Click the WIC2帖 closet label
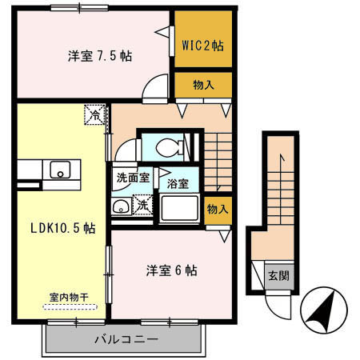click(x=203, y=46)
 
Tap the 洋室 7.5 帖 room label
click(x=100, y=56)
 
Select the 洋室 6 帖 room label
click(x=172, y=270)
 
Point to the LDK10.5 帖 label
click(x=63, y=228)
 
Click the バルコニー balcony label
click(x=126, y=339)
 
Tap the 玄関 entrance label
click(x=278, y=276)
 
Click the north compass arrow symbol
click(x=324, y=310)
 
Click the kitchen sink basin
click(x=61, y=170)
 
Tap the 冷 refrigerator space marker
click(x=94, y=114)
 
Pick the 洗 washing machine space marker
click(x=142, y=205)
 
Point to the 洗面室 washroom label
click(x=133, y=178)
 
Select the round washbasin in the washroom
click(x=121, y=207)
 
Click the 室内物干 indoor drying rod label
click(x=69, y=298)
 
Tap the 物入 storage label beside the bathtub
click(x=218, y=209)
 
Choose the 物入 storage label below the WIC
click(x=203, y=85)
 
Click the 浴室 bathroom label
click(x=178, y=184)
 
